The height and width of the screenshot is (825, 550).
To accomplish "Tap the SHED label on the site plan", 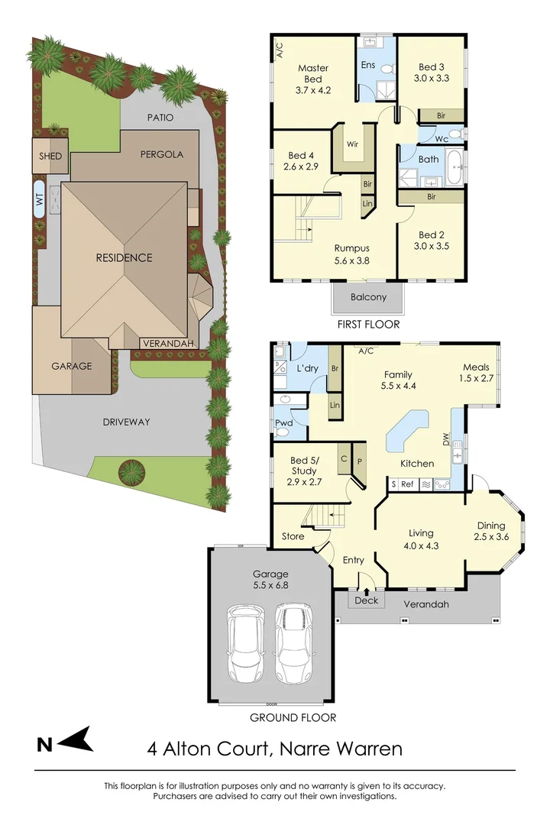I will pyautogui.click(x=51, y=156).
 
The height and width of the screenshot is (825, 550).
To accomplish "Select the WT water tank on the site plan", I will pyautogui.click(x=39, y=199).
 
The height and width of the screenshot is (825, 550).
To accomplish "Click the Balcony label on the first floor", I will pyautogui.click(x=368, y=297).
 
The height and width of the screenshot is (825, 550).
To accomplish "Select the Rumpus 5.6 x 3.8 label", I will pyautogui.click(x=352, y=254).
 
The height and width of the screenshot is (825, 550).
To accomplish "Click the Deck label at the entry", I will pyautogui.click(x=367, y=600).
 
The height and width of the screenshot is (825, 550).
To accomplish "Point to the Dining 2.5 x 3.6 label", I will pyautogui.click(x=491, y=531).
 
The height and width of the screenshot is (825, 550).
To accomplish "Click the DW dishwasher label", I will pyautogui.click(x=447, y=441).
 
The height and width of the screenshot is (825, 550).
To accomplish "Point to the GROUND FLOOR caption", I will pyautogui.click(x=293, y=717).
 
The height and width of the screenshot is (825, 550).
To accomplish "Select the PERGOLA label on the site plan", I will pyautogui.click(x=161, y=154).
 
